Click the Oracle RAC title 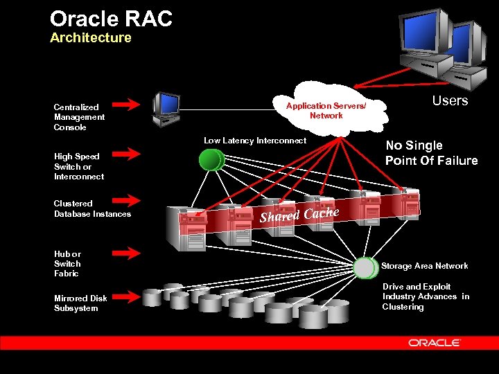coord(111,19)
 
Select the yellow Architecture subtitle coord(90,38)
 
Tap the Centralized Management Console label coord(80,117)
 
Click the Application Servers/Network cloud coord(326,110)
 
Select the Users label coord(450,101)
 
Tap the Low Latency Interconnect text coord(254,141)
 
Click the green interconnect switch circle coord(210,160)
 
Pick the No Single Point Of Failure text coord(431,153)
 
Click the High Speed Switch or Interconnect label coord(79,166)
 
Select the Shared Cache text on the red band coord(299,214)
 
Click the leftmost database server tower coord(192,226)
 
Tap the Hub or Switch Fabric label coord(67,264)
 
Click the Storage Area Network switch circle coord(365,267)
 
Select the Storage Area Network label coord(424,266)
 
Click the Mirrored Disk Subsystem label coord(80,303)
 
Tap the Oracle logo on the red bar coord(435,343)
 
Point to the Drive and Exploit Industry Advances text coord(426,296)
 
